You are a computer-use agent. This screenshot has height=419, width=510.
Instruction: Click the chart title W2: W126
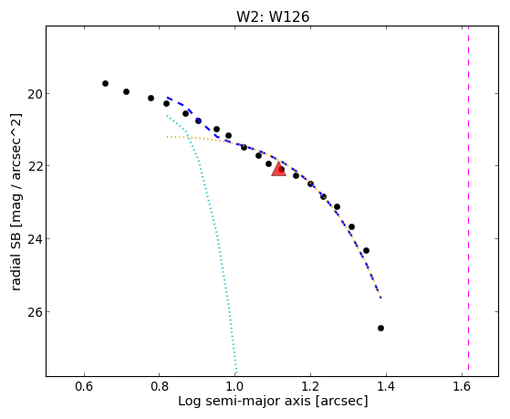(273, 16)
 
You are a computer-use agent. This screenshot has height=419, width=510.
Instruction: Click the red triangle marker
(279, 169)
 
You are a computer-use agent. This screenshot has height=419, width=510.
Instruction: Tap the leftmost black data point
(105, 84)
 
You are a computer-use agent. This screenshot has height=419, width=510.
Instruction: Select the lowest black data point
(380, 328)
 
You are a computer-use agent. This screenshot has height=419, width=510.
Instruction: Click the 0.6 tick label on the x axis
(84, 386)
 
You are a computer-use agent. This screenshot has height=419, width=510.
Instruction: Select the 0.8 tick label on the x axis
(160, 386)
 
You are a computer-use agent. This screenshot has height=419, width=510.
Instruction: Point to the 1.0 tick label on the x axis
(234, 386)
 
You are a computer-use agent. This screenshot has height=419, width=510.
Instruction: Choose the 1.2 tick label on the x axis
(310, 386)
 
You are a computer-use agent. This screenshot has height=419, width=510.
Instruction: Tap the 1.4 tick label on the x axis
(386, 386)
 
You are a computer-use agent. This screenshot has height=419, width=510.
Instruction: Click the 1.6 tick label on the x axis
(462, 386)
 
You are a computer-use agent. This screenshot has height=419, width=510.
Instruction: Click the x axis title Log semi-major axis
(245, 402)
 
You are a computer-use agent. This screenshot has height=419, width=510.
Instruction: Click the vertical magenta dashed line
(468, 199)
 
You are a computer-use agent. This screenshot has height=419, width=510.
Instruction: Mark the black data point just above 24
(366, 251)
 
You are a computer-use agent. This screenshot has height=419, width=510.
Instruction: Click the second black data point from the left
(126, 92)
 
